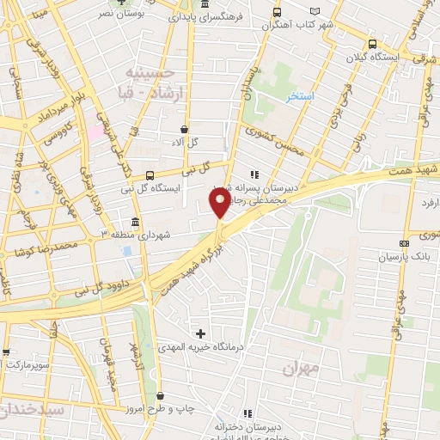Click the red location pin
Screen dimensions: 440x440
coord(220,203)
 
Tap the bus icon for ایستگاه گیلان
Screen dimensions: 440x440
coord(371,44)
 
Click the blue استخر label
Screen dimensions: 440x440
coord(300,96)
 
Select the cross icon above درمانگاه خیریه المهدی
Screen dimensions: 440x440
coord(200,333)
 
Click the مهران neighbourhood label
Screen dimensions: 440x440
coord(300,368)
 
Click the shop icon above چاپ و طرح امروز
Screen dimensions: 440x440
coord(162,395)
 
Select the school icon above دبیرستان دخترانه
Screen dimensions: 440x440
coord(248,414)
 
